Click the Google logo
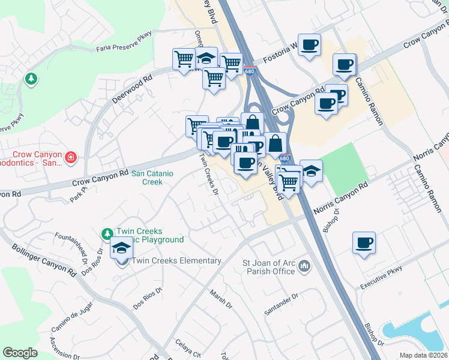(x=20, y=352)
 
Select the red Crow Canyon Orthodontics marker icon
(x=71, y=158)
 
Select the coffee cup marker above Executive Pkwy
(x=364, y=242)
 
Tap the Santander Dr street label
(x=281, y=306)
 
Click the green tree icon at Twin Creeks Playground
(x=107, y=233)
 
